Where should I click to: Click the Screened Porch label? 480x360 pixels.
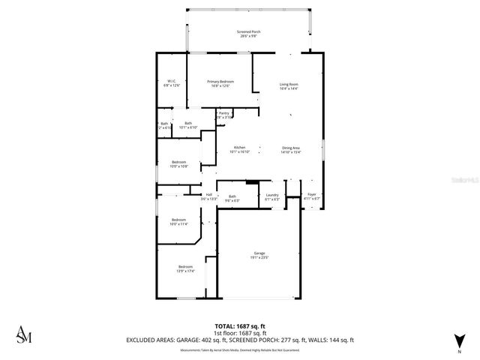248,33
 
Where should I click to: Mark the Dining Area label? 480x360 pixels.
291,149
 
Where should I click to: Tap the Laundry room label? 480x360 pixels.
271,197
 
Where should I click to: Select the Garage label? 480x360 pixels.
259,255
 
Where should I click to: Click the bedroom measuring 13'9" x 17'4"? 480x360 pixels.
185,268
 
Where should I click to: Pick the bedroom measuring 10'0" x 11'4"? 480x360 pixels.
178,221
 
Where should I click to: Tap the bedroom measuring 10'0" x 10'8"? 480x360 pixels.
178,164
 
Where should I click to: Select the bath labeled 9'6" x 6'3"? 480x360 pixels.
232,198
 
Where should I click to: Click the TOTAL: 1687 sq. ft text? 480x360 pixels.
239,326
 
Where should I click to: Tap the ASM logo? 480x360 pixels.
24,335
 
